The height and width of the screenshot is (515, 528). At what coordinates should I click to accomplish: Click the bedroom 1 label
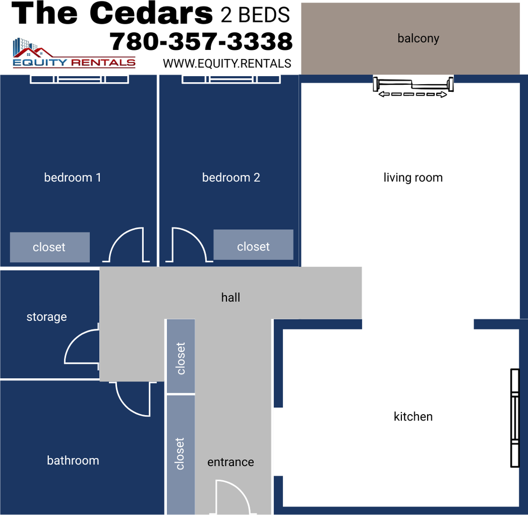click(x=72, y=178)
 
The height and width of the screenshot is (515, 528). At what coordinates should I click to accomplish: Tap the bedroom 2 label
click(x=231, y=178)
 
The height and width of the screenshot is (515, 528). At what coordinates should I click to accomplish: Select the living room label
click(x=413, y=178)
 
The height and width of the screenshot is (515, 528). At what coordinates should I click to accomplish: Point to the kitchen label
click(x=413, y=416)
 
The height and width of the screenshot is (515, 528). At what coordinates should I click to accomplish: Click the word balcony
click(x=418, y=39)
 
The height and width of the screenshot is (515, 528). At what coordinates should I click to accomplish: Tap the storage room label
click(x=47, y=317)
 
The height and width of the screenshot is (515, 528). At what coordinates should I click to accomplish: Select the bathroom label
click(x=73, y=460)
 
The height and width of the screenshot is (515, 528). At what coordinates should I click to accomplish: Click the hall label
click(x=231, y=297)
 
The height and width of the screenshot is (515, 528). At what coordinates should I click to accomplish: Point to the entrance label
click(x=231, y=462)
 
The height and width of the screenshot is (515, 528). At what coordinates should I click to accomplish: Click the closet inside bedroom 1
click(x=50, y=247)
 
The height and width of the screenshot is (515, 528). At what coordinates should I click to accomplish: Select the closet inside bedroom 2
click(x=253, y=245)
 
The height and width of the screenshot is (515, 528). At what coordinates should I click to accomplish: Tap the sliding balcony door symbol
click(x=413, y=86)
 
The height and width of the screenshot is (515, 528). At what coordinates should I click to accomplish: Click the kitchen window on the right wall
click(x=515, y=418)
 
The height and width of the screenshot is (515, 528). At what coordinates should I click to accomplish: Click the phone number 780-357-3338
click(x=201, y=42)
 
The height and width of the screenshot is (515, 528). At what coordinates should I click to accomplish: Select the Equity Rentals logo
click(x=74, y=53)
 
